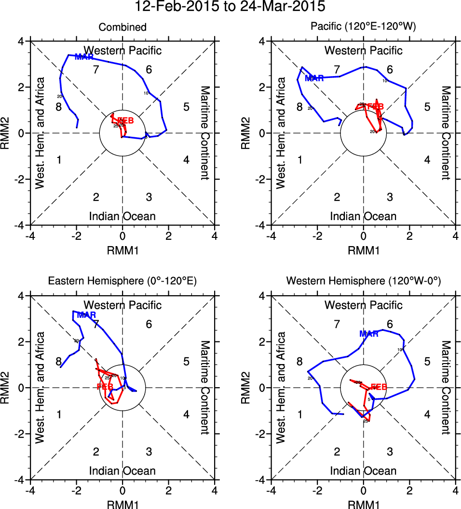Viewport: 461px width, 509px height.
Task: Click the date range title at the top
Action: click(x=230, y=7)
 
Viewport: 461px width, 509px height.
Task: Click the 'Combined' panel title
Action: click(x=122, y=27)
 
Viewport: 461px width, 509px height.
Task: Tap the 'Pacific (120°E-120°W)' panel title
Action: click(x=363, y=27)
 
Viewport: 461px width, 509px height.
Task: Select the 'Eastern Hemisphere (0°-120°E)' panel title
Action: click(x=122, y=282)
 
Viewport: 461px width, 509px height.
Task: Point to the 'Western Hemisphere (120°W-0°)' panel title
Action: click(x=363, y=282)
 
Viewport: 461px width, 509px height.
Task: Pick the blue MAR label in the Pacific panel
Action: click(x=314, y=78)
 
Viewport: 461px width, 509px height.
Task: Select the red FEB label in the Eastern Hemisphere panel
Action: click(x=105, y=387)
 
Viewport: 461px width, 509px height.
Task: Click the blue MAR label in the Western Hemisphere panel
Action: click(x=369, y=334)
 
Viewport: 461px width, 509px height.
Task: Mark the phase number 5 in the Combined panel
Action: click(x=186, y=107)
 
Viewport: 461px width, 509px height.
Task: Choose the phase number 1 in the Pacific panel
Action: click(x=299, y=160)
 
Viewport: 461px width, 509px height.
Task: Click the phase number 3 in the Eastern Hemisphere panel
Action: click(x=149, y=451)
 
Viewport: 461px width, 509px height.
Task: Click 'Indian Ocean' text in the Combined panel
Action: click(x=122, y=216)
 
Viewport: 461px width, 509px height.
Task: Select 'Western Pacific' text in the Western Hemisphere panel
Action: click(x=363, y=305)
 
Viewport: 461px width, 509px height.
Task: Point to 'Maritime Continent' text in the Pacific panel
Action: click(x=445, y=133)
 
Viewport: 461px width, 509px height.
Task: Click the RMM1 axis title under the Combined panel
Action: click(x=122, y=249)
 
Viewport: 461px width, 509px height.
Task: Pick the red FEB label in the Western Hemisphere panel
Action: click(x=379, y=387)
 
